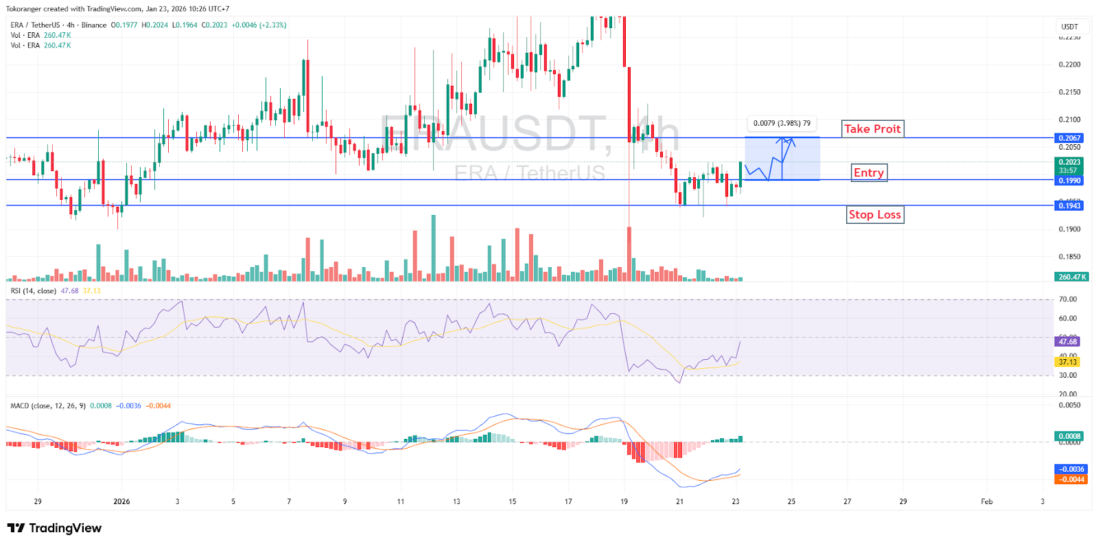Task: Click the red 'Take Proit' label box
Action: (872, 129)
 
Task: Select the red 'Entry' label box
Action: (869, 172)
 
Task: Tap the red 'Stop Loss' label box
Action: (874, 215)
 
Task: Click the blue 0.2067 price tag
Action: (1069, 138)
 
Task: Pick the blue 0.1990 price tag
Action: (1069, 181)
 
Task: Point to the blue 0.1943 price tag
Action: (1069, 206)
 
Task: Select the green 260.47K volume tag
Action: (1071, 277)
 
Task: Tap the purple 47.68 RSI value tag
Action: (1068, 341)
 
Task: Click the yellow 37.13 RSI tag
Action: (1068, 362)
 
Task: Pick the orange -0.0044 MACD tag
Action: (1071, 479)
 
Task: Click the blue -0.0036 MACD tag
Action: (1071, 470)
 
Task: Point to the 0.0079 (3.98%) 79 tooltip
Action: (782, 124)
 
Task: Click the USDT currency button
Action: (1070, 27)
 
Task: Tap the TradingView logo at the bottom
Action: (54, 528)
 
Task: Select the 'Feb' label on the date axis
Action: (986, 501)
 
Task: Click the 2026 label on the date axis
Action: (121, 501)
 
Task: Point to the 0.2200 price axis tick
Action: (1069, 65)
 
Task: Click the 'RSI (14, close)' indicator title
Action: (34, 291)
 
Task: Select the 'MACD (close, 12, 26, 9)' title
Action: (48, 406)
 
